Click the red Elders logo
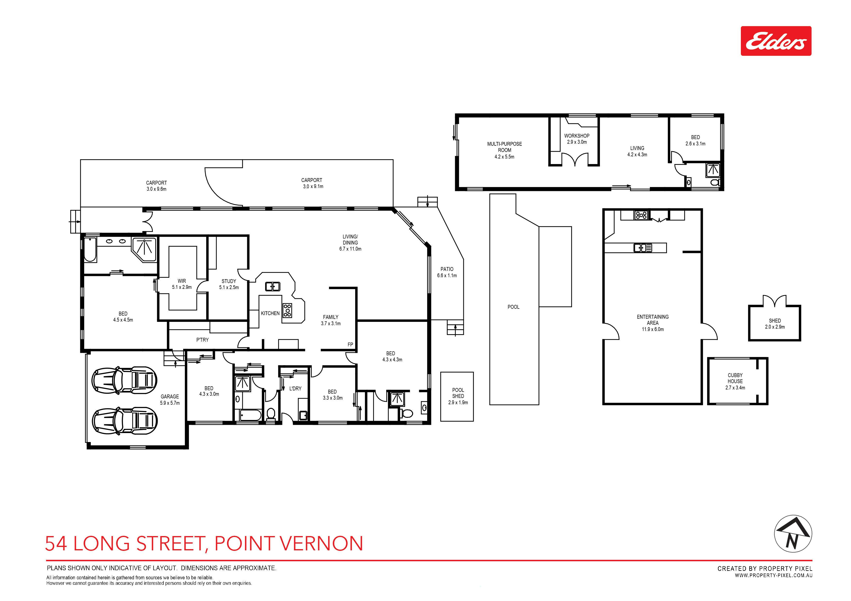click(x=776, y=41)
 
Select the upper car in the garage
click(x=124, y=380)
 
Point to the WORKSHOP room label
click(x=577, y=136)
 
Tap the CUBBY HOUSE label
click(x=735, y=378)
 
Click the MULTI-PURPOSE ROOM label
click(x=504, y=147)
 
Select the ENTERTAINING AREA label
click(x=653, y=320)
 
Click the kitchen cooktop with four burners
click(x=288, y=310)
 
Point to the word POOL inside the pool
click(x=513, y=307)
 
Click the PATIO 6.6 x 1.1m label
click(x=447, y=272)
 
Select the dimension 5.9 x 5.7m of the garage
click(x=170, y=403)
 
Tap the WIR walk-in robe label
click(x=182, y=281)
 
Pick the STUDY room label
click(x=229, y=281)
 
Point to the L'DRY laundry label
click(x=295, y=388)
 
